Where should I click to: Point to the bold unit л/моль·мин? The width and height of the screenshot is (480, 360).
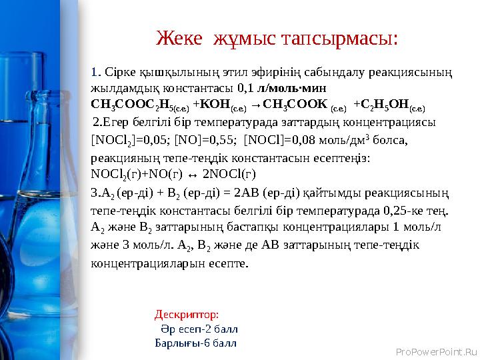click(297, 87)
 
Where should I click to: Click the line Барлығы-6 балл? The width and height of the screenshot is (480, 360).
click(195, 343)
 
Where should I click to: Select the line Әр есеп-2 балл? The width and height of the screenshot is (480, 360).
click(199, 329)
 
